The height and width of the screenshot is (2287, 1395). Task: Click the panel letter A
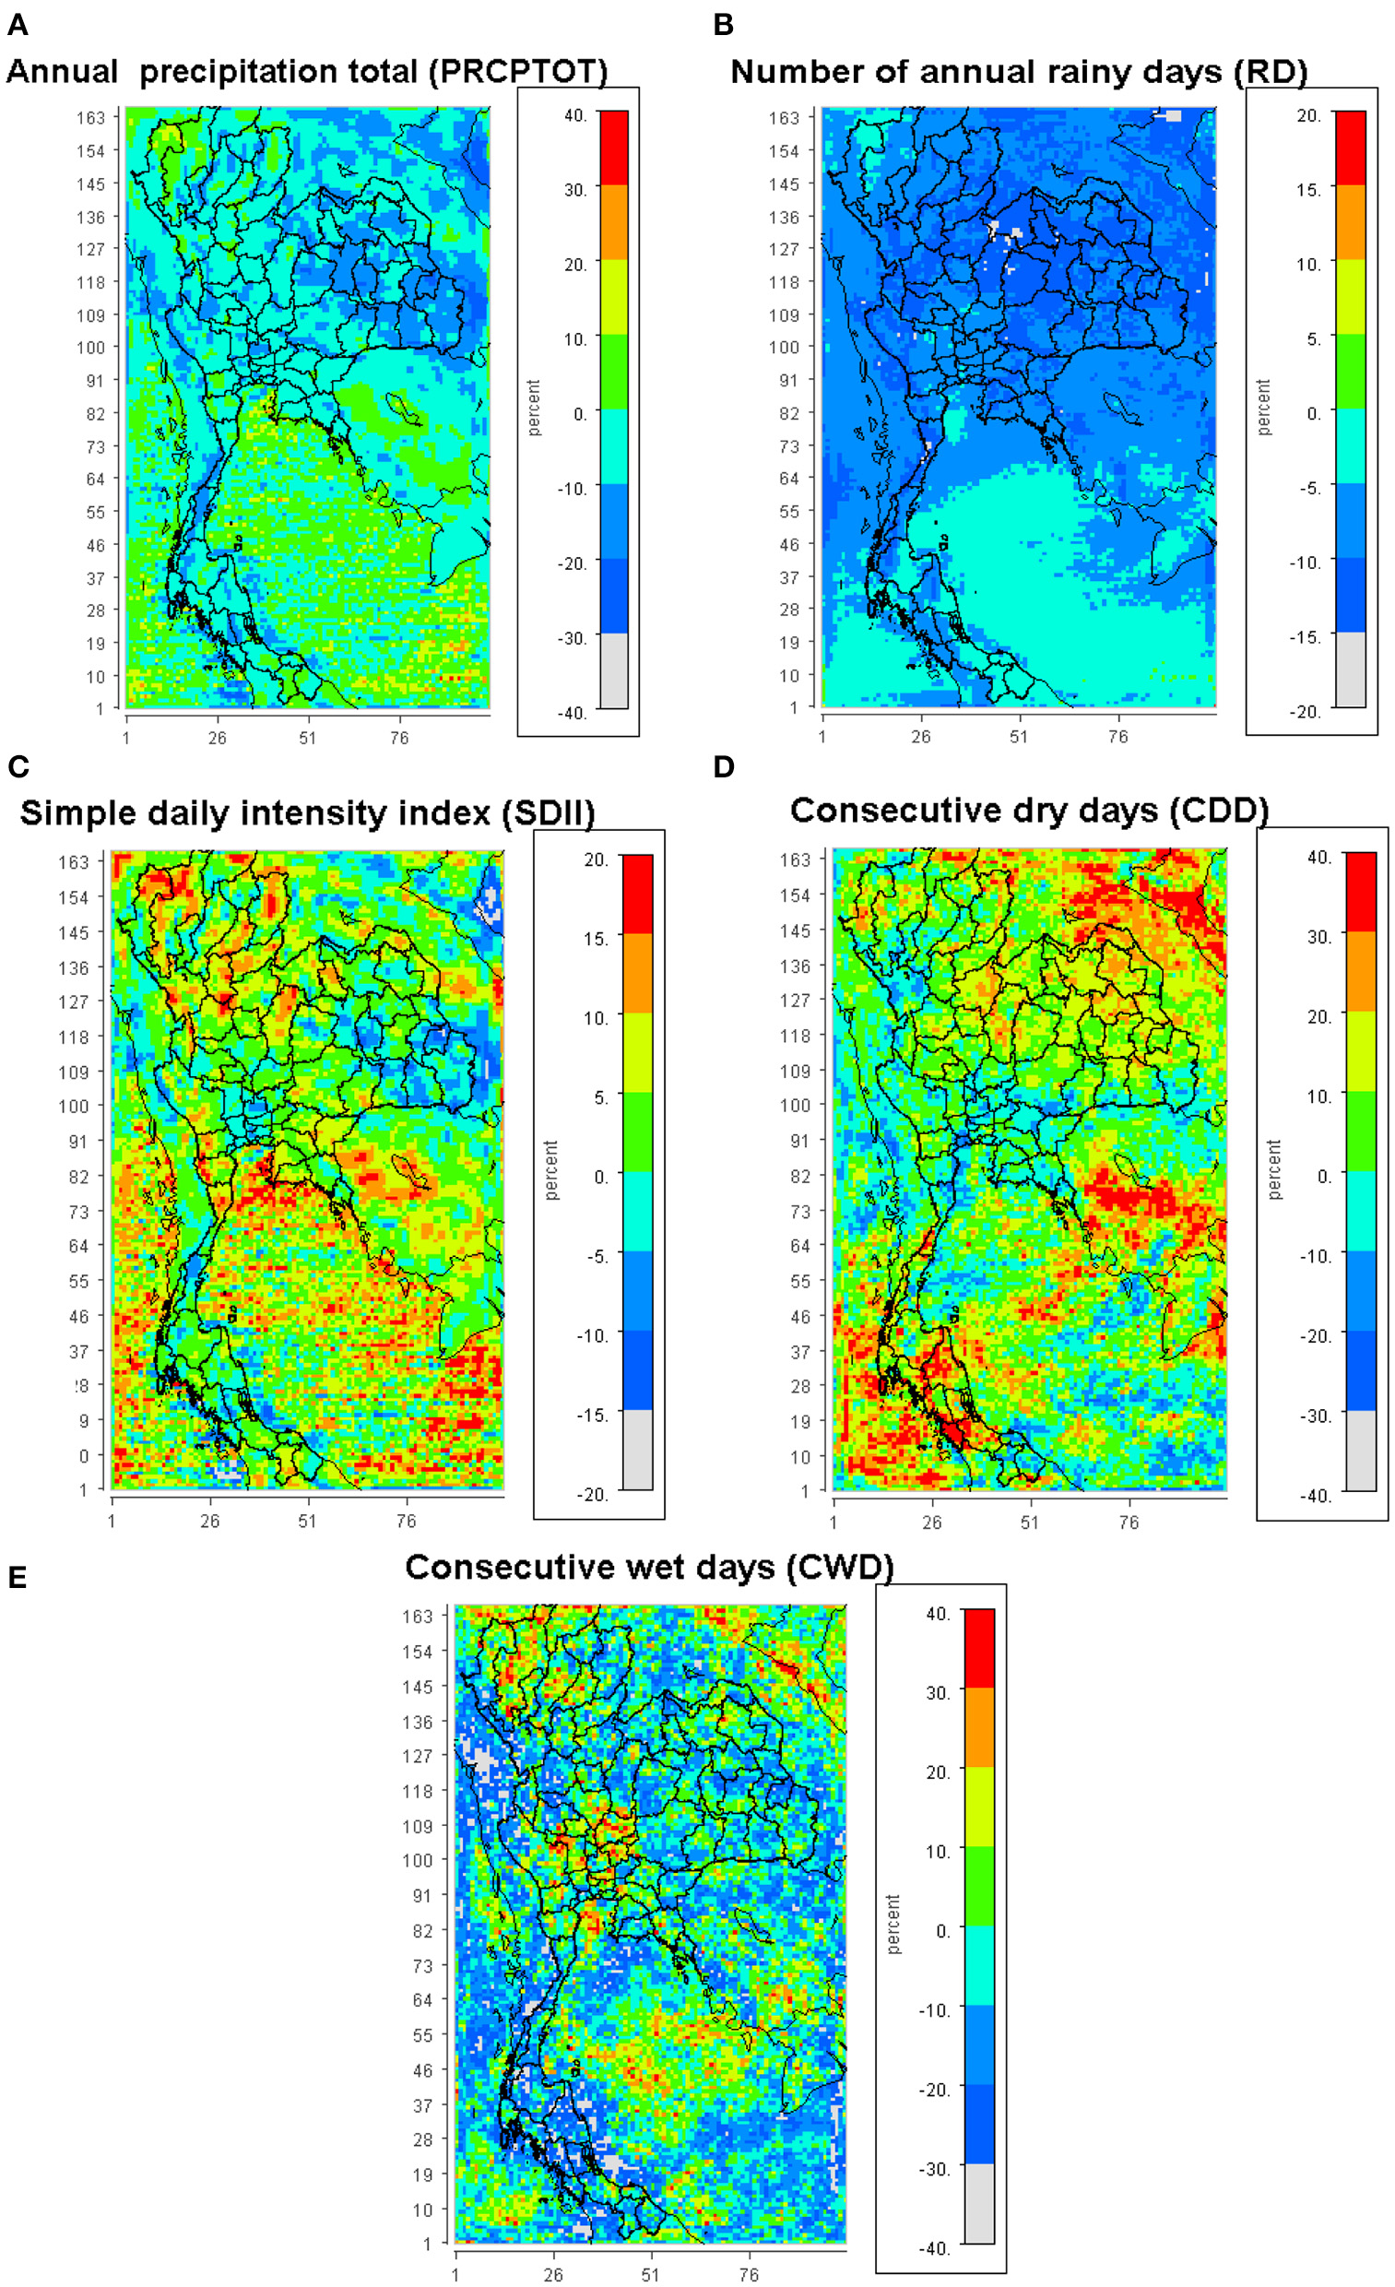tap(17, 25)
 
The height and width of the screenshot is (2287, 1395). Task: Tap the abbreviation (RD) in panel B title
tap(1271, 72)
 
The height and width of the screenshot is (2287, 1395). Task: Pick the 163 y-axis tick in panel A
tap(91, 117)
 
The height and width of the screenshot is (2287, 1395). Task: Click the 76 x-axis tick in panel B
tap(1117, 736)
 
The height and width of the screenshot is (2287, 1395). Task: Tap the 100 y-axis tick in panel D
tap(796, 1105)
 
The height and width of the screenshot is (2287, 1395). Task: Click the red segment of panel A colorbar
tap(613, 147)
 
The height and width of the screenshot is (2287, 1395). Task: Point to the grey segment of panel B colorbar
tap(1351, 670)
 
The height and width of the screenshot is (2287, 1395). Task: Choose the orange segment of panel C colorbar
tap(637, 972)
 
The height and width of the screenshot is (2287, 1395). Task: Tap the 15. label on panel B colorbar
tap(1308, 189)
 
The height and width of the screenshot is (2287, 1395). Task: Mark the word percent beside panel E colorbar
tap(893, 1924)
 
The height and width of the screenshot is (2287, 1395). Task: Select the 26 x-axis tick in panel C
tap(210, 1522)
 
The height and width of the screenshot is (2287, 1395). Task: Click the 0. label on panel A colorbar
tap(580, 414)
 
